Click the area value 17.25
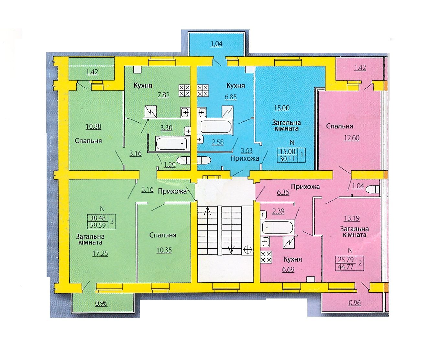[x=100, y=253]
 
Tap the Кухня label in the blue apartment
[x=236, y=85]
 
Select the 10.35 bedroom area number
[x=164, y=250]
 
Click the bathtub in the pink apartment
[x=277, y=227]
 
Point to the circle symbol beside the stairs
[x=247, y=250]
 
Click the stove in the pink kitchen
[x=266, y=257]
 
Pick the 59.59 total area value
[x=98, y=225]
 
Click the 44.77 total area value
[x=346, y=267]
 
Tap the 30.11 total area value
[x=287, y=159]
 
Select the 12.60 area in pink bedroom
[x=352, y=138]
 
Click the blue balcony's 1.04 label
[x=217, y=44]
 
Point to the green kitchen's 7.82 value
[x=164, y=95]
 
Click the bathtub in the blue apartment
[x=216, y=127]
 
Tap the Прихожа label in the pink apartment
[x=305, y=187]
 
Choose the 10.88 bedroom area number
[x=93, y=127]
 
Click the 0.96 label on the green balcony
[x=101, y=303]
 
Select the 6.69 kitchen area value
[x=288, y=269]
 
